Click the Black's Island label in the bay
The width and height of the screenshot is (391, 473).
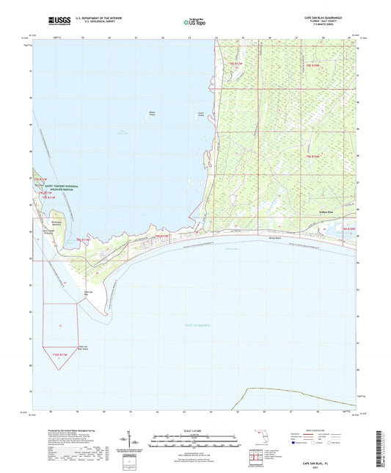pyautogui.click(x=153, y=113)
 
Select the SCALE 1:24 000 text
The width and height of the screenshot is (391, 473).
pyautogui.click(x=196, y=430)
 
